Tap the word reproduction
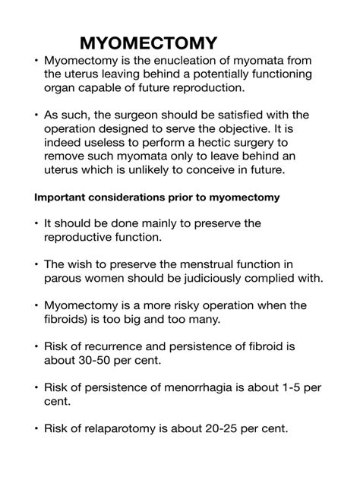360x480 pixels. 209,87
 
